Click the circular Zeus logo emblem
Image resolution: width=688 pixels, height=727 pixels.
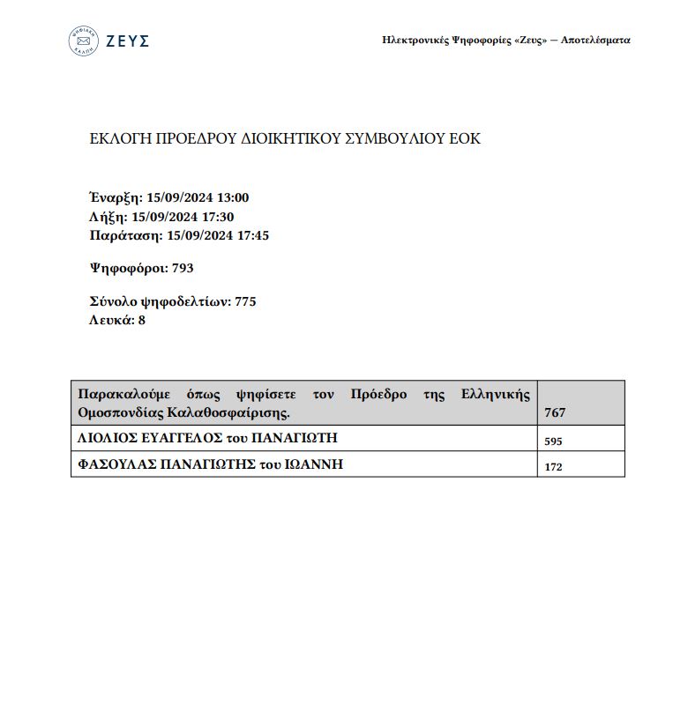84,41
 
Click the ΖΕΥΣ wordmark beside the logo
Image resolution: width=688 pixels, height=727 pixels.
128,41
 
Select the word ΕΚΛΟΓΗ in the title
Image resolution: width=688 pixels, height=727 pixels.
120,139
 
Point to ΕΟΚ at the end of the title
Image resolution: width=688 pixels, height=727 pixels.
466,139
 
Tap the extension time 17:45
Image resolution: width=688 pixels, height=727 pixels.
251,235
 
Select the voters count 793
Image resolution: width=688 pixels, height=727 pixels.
183,268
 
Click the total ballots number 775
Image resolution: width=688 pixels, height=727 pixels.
245,301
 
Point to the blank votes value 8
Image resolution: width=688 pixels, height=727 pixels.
141,320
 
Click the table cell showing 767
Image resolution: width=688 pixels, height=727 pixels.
555,412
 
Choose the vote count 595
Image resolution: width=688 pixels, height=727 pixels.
554,441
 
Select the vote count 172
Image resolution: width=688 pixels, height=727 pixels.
554,467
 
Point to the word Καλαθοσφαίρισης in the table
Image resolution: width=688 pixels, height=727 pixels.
241,412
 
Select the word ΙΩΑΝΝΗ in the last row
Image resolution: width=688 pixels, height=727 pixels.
314,464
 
